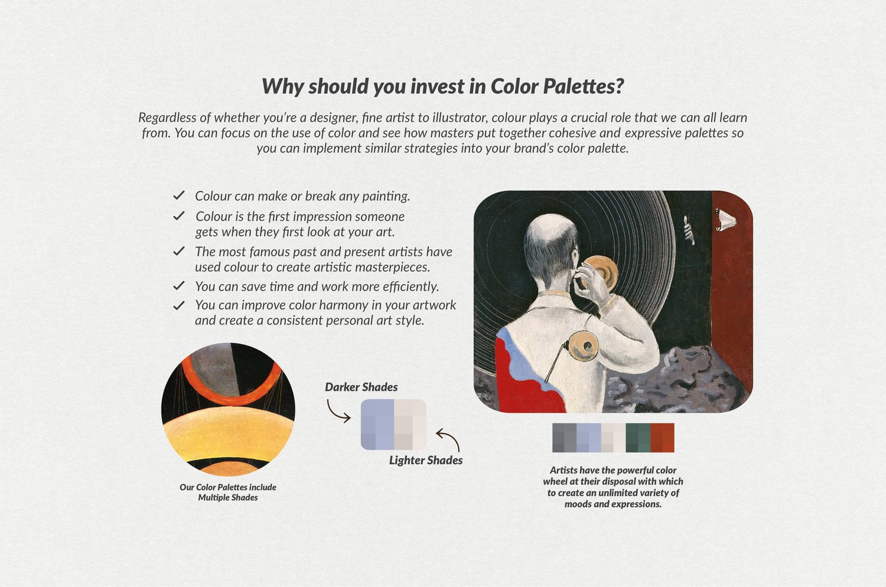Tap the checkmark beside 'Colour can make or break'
179,195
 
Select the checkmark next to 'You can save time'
179,285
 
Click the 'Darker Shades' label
361,387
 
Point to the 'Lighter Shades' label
426,460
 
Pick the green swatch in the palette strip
637,438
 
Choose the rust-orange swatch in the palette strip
662,438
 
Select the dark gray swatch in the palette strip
565,438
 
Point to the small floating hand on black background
689,230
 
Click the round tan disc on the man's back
582,346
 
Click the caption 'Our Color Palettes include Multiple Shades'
228,492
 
